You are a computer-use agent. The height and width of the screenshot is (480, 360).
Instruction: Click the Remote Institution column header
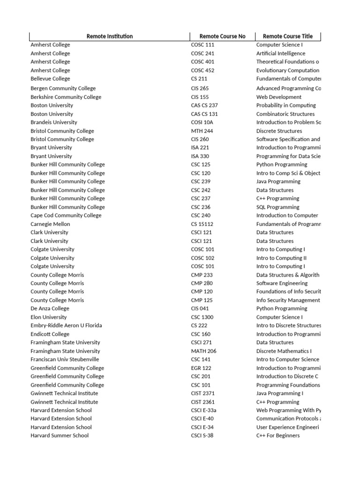pos(110,37)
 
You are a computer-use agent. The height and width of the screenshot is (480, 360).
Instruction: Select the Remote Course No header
pos(222,37)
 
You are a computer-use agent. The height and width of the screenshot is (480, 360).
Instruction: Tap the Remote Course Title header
pos(287,37)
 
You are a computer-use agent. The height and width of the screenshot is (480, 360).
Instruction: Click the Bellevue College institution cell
pos(50,79)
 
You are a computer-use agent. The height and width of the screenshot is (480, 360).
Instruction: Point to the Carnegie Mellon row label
pos(50,224)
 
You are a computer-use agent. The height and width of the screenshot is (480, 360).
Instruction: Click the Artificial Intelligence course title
pos(280,53)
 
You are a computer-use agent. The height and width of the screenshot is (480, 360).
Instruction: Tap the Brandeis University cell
pos(54,122)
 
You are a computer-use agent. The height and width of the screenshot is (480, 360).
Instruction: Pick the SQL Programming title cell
pos(277,207)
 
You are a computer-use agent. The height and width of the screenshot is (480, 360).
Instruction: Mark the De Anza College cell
pos(50,308)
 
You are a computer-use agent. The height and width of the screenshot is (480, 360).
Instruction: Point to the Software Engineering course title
pos(282,283)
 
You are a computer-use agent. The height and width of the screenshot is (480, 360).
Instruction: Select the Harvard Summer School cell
pos(60,435)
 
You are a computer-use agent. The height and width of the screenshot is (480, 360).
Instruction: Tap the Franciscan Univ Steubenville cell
pos(65,360)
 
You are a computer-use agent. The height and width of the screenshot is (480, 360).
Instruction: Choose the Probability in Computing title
pos(286,105)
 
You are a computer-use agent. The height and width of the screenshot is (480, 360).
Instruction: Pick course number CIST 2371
pos(204,393)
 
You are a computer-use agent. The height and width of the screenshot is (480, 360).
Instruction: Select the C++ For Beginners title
pos(278,435)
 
